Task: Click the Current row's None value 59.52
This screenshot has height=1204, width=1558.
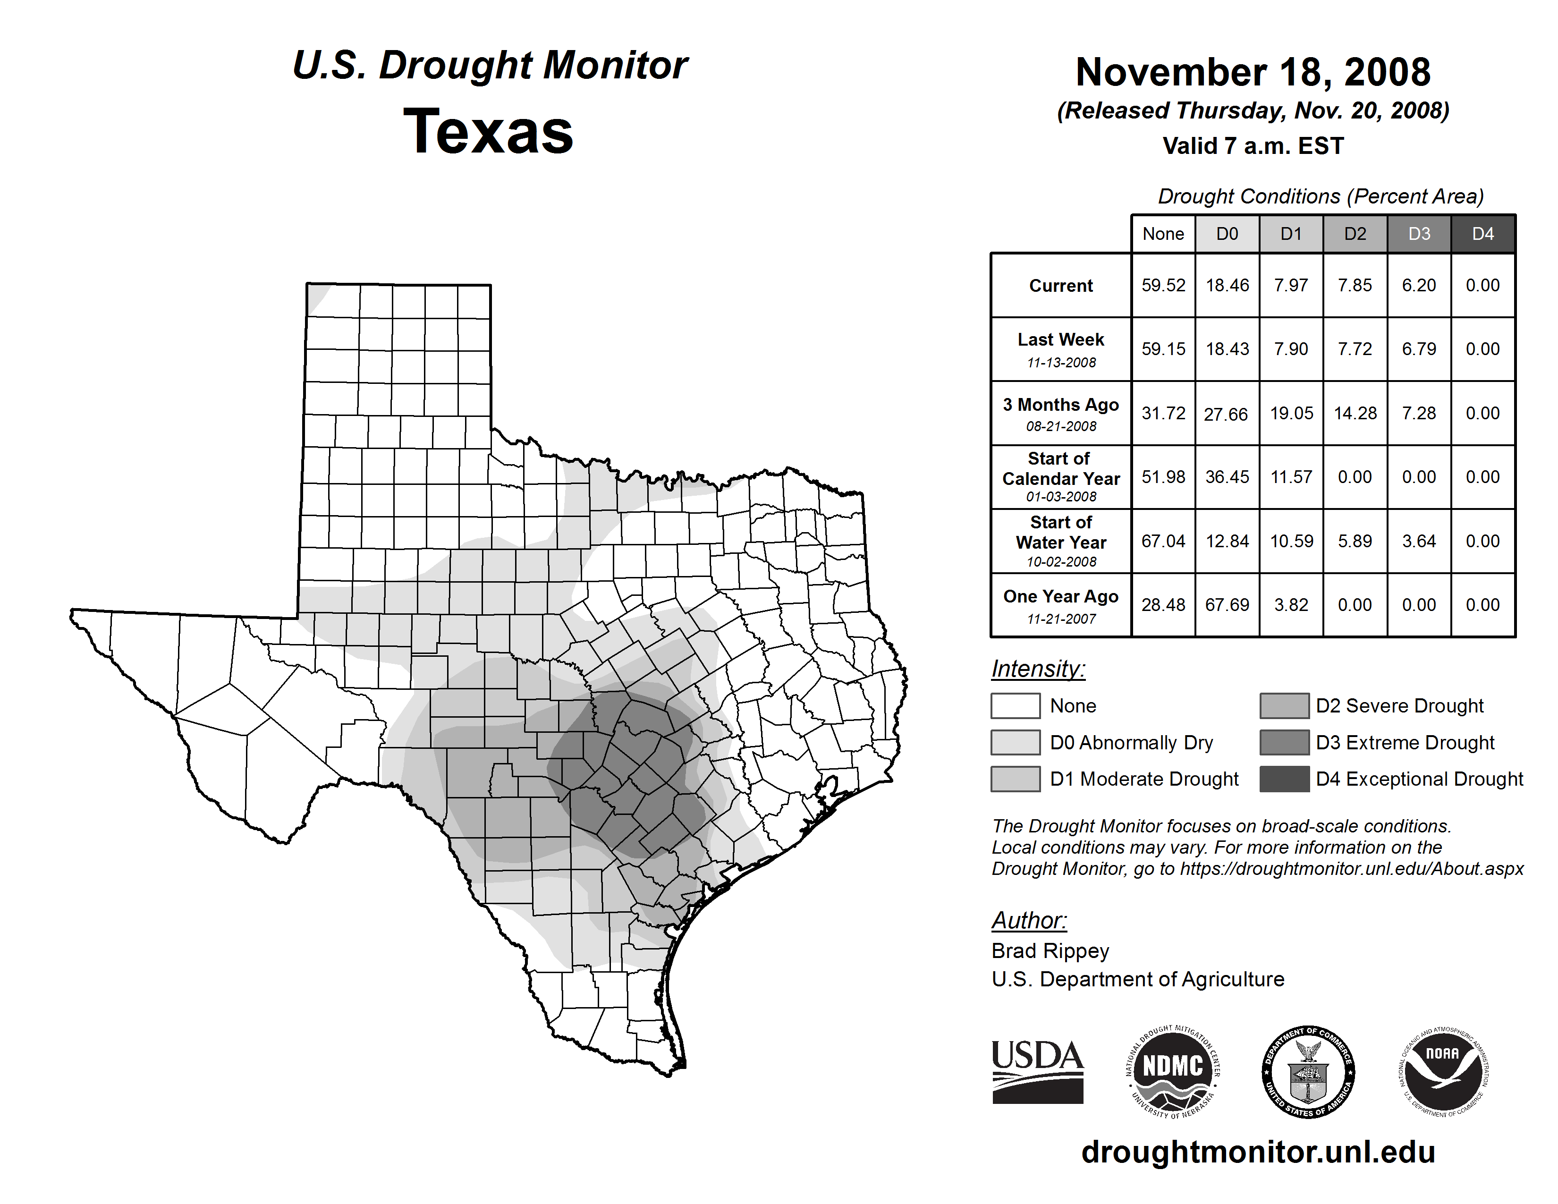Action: pos(1163,285)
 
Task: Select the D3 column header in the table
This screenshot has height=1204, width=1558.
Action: pos(1419,234)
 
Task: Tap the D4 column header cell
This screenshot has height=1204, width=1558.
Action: pos(1482,234)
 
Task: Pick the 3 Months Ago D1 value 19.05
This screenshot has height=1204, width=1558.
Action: pos(1291,414)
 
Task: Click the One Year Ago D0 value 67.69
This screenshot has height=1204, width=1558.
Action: pos(1227,605)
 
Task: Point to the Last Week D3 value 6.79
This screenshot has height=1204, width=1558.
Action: pos(1419,349)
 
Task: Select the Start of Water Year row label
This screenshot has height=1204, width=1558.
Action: pos(1061,542)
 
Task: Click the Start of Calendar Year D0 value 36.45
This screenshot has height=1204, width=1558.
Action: pos(1227,477)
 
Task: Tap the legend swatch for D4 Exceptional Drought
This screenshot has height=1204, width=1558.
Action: pos(1284,779)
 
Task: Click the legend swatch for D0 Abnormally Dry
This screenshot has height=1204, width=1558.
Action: pos(1015,743)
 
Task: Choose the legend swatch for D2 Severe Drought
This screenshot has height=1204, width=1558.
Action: pos(1284,705)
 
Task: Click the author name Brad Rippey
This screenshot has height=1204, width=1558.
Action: pos(1050,951)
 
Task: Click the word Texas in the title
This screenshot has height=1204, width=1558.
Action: pos(489,132)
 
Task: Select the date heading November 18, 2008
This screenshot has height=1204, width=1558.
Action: pos(1253,73)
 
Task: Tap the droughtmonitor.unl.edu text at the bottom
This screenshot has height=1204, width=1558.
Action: pos(1258,1152)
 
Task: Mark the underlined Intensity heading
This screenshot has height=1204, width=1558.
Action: pos(1038,669)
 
